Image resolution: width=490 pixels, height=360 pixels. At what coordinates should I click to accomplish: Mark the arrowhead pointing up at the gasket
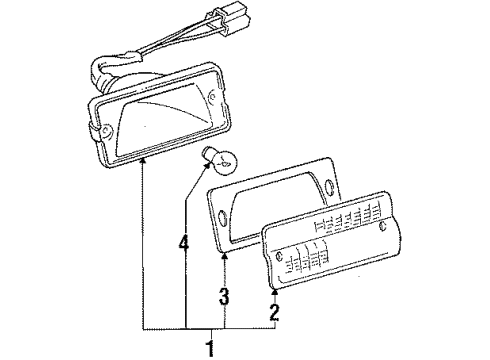click(224, 256)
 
